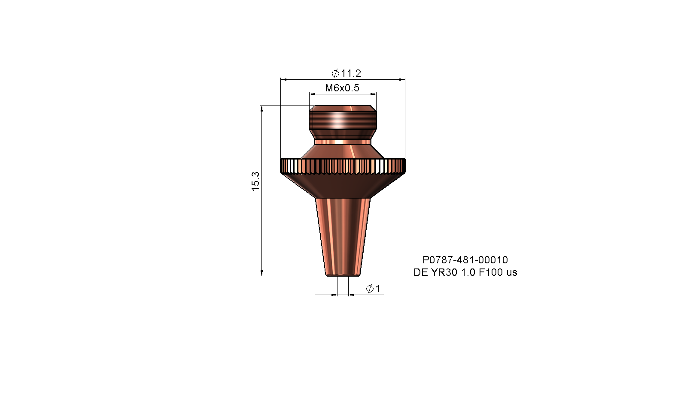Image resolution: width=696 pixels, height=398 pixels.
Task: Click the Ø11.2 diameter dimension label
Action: click(x=346, y=74)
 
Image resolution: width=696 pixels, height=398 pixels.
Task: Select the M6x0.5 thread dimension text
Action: click(x=342, y=88)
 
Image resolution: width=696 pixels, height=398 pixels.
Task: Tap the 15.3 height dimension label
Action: click(x=255, y=181)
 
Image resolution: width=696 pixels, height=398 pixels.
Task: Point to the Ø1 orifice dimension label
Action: click(x=373, y=289)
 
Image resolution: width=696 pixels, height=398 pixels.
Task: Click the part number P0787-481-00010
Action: click(x=465, y=259)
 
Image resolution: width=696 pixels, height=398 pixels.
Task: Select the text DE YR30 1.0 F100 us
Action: click(x=465, y=272)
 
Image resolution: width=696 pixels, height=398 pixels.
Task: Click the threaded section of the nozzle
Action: click(x=343, y=120)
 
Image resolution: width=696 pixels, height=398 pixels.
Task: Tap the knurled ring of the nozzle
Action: click(x=343, y=166)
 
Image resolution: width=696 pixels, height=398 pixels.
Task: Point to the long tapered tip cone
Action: click(x=343, y=236)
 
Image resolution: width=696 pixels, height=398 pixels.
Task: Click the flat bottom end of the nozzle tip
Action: click(x=343, y=275)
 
